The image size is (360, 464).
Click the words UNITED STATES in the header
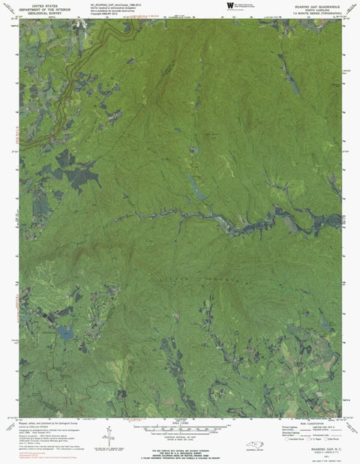[40, 5]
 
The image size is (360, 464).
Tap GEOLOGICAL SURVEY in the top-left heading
[40, 14]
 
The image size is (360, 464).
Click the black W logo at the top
[229, 6]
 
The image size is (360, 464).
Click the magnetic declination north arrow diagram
[110, 434]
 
